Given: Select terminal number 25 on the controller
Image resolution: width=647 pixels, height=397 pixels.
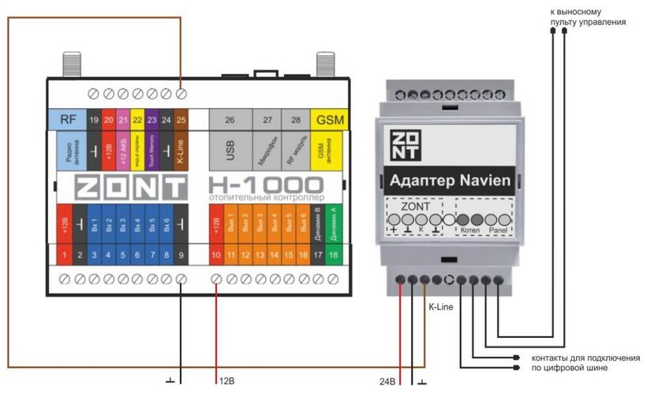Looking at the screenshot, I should coord(181,119).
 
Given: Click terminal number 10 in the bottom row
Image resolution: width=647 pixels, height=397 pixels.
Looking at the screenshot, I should coord(216,256).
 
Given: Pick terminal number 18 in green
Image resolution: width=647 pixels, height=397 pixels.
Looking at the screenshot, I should coord(333,256).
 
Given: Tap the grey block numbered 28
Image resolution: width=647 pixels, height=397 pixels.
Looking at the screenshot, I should coord(295,119).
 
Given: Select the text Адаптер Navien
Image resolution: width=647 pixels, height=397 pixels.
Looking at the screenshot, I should coord(450,182).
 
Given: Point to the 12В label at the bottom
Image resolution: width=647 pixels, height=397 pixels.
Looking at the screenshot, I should coord(227,382).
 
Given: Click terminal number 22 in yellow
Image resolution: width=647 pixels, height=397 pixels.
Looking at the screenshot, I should coord(137,119).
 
